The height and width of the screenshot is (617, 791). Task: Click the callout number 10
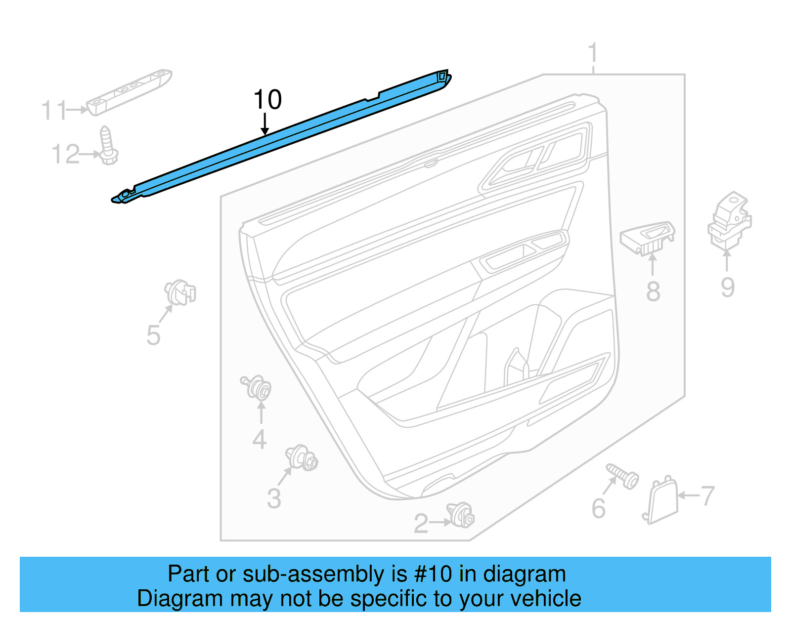pyautogui.click(x=267, y=100)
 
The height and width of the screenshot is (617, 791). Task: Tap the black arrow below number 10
pyautogui.click(x=265, y=124)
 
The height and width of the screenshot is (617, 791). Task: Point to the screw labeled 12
pyautogui.click(x=108, y=146)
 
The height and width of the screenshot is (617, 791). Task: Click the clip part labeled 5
pyautogui.click(x=180, y=292)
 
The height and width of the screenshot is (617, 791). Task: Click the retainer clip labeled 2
pyautogui.click(x=461, y=515)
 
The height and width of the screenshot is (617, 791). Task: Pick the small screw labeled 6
pyautogui.click(x=623, y=476)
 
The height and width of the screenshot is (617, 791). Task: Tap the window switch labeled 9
pyautogui.click(x=730, y=220)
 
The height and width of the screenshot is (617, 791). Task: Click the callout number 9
pyautogui.click(x=727, y=287)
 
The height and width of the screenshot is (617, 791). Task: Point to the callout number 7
pyautogui.click(x=708, y=495)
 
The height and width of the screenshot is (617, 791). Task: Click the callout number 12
pyautogui.click(x=65, y=155)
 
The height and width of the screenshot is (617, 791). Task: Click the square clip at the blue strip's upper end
pyautogui.click(x=442, y=76)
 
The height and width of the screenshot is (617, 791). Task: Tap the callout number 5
pyautogui.click(x=153, y=335)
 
